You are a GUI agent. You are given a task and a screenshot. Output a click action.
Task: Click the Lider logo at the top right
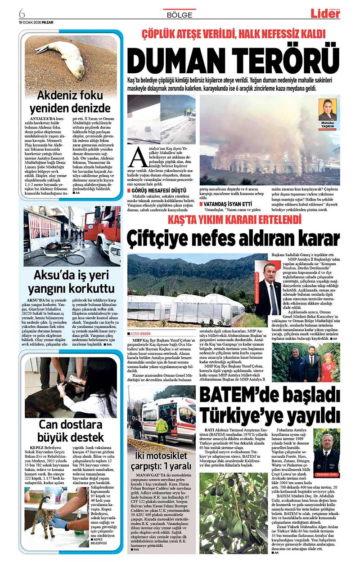click(325, 13)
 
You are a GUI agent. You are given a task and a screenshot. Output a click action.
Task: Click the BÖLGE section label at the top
click(180, 15)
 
